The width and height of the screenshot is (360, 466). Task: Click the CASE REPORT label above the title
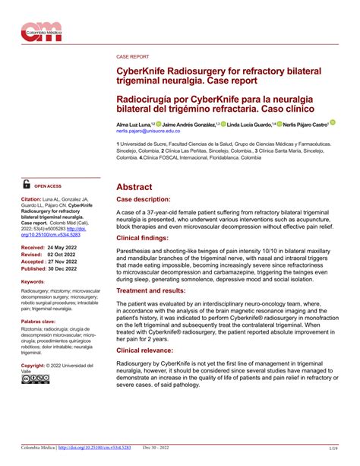pos(132,57)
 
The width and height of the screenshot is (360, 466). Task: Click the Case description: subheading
pos(145,198)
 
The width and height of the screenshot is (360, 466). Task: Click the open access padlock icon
pos(27,184)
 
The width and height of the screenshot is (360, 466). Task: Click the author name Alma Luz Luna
pos(132,123)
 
